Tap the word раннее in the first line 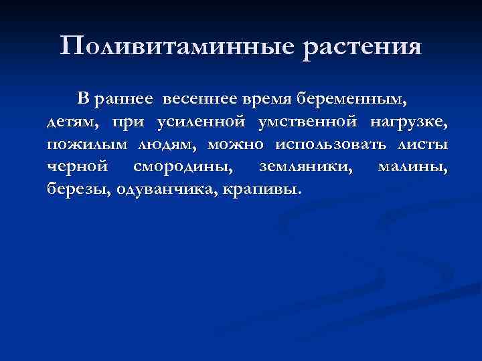(x=125, y=100)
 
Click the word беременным (x=352, y=100)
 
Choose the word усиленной (x=199, y=122)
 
